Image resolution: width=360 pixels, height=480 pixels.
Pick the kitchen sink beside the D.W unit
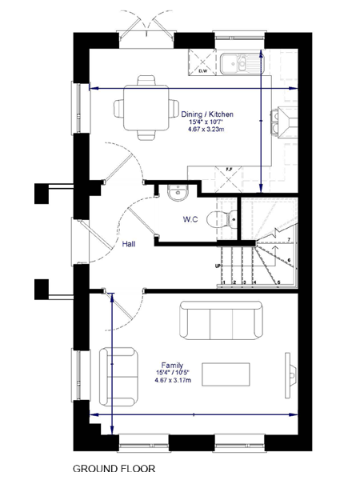[241, 61]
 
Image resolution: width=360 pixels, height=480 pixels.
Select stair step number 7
[287, 239]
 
